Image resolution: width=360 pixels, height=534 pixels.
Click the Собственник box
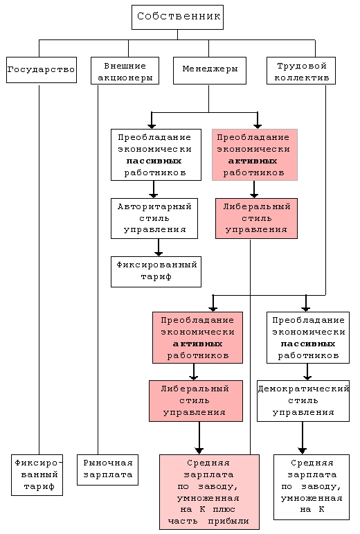[178, 17]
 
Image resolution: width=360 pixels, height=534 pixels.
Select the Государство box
[41, 70]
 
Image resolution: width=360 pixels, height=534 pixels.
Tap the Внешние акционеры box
[125, 71]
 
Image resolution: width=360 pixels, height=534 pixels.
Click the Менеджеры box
[210, 71]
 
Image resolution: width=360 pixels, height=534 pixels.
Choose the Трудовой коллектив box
[301, 71]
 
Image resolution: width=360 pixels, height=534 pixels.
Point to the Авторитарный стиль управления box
[154, 218]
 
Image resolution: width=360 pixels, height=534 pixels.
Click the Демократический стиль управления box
[303, 401]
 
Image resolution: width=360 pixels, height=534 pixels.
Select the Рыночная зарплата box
[107, 470]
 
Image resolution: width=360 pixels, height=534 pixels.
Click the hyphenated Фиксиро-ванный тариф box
[37, 474]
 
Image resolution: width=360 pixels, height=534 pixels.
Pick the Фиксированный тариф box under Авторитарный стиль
[156, 272]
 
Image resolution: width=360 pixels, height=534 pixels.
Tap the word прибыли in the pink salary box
[228, 522]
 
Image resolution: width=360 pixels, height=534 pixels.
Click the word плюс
[224, 510]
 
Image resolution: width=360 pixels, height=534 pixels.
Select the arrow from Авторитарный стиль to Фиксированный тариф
[159, 247]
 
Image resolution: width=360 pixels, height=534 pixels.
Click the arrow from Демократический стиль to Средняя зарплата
[302, 438]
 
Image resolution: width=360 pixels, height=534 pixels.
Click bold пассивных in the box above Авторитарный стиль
[154, 161]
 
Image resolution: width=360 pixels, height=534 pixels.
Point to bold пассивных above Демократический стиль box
[308, 344]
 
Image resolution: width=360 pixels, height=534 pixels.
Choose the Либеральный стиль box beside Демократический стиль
[196, 401]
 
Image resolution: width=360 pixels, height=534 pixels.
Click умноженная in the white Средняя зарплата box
[312, 498]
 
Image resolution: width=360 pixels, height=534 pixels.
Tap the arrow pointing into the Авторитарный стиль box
[154, 189]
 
